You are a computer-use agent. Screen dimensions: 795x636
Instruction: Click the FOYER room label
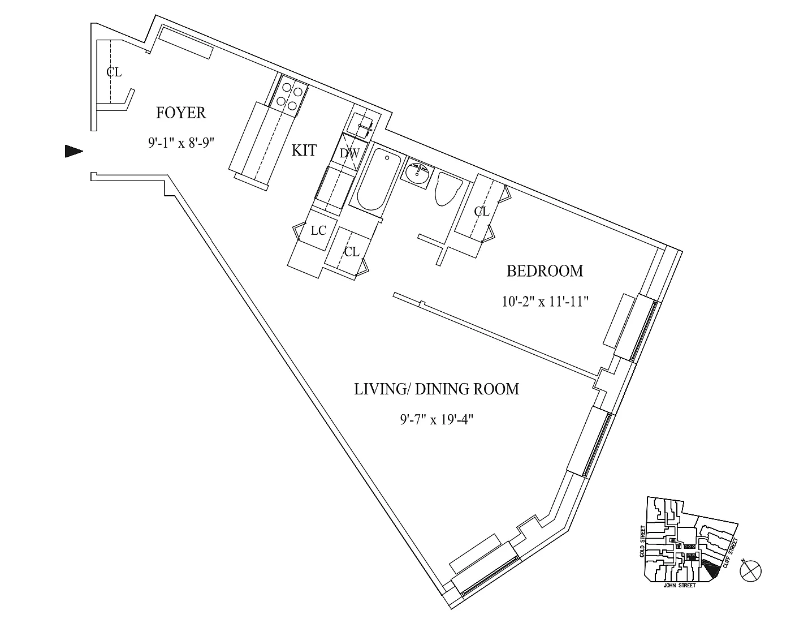[180, 113]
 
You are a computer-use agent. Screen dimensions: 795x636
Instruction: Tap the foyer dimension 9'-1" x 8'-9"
[181, 143]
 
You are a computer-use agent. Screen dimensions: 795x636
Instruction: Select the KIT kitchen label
[304, 151]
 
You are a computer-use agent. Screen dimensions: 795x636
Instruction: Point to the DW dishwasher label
[349, 153]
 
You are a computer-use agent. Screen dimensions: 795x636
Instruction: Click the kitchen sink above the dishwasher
[360, 124]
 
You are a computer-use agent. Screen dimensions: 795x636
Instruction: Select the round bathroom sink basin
[417, 174]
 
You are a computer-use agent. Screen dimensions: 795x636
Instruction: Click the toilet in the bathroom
[448, 188]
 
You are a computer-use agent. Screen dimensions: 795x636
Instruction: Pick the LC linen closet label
[318, 231]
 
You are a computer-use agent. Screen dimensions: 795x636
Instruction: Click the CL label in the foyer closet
[114, 72]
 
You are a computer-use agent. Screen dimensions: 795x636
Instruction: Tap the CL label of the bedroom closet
[481, 212]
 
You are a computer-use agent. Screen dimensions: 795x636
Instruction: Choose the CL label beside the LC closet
[351, 252]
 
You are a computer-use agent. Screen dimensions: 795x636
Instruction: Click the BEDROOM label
[545, 271]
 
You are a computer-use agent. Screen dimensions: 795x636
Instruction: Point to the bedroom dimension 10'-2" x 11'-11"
[545, 302]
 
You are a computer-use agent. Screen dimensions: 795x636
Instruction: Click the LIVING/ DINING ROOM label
[437, 389]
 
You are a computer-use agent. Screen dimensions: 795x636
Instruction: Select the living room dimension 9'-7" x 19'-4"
[437, 420]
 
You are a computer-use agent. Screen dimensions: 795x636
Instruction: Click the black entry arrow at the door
[74, 151]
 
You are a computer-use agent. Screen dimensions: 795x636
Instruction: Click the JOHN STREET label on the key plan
[680, 586]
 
